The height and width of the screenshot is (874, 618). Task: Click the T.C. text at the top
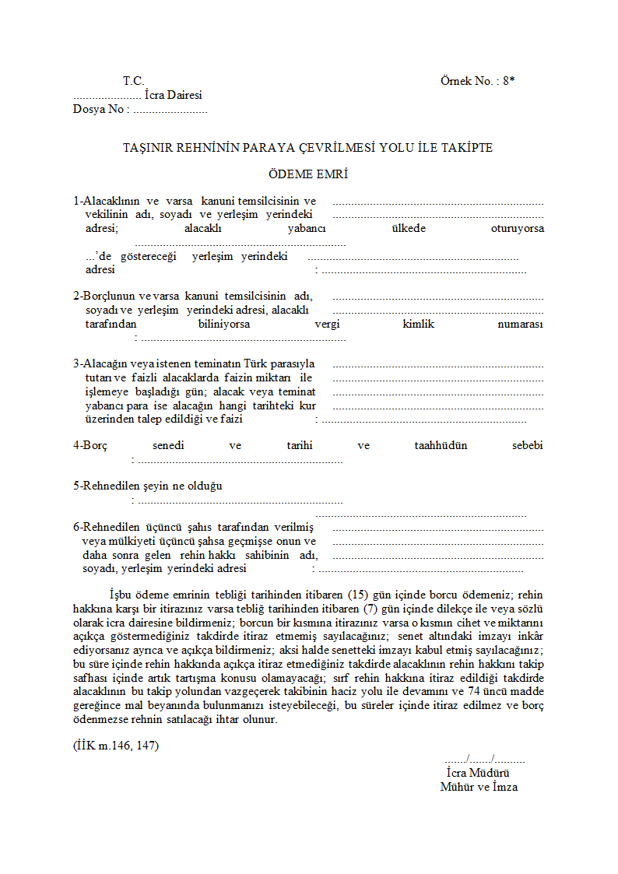133,81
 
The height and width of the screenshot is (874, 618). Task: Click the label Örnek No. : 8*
477,81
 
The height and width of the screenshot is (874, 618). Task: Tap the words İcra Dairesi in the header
173,95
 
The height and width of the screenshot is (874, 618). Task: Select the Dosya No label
99,109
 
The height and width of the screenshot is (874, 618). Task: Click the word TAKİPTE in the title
467,147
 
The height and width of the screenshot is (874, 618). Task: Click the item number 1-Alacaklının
107,202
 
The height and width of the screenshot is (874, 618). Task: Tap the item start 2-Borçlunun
104,297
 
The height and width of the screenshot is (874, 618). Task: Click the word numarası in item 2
520,324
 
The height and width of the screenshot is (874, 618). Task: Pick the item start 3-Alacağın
103,363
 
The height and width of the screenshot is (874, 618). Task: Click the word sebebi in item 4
527,445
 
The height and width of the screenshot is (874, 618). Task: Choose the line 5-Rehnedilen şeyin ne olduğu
148,486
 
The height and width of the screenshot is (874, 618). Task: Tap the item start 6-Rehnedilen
109,527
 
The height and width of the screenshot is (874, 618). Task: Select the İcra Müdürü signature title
478,773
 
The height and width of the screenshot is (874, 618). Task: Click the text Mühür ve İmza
479,787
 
